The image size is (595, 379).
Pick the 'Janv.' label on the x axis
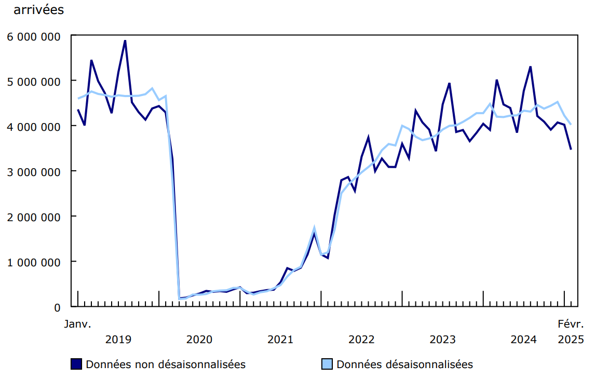click(78, 324)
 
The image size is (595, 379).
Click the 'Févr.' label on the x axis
click(571, 324)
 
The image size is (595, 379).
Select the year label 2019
click(118, 340)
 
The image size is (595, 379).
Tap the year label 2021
click(280, 340)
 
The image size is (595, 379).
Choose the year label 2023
click(443, 340)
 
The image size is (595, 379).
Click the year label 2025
click(571, 340)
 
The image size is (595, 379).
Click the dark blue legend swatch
click(77, 364)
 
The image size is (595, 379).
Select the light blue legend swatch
click(328, 364)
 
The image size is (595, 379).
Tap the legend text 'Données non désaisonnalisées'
click(166, 364)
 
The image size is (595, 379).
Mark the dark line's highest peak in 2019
click(125, 40)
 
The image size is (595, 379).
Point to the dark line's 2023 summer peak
click(449, 83)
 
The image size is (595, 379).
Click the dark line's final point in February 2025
click(571, 150)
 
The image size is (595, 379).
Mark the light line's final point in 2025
click(571, 124)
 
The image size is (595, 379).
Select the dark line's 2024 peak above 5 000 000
click(530, 66)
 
